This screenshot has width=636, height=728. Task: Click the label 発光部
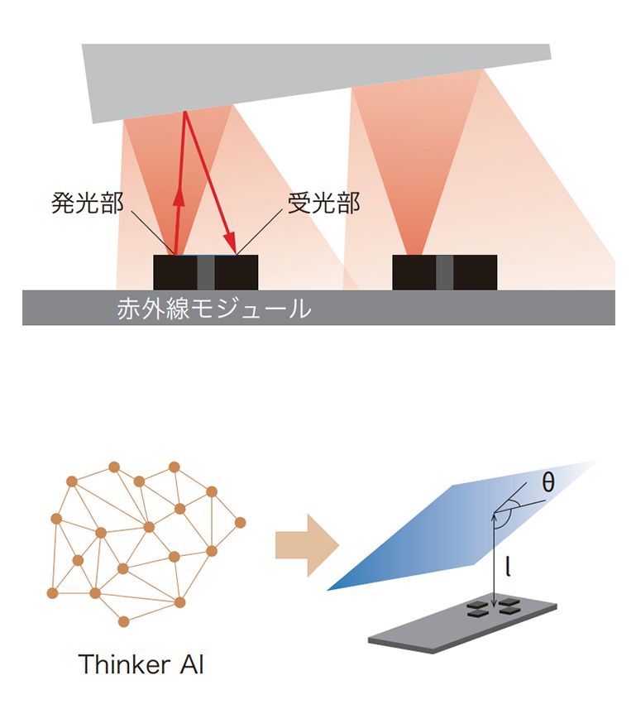(88, 204)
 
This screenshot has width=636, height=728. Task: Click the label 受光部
(324, 204)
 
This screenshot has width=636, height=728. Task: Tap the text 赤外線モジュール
(214, 309)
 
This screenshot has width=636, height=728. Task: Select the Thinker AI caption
(141, 664)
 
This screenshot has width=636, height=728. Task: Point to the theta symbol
(548, 482)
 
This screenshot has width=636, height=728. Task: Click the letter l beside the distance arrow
(509, 567)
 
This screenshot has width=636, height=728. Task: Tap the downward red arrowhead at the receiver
(230, 242)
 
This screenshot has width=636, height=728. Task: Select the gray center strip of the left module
(206, 272)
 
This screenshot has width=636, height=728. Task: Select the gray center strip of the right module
(445, 272)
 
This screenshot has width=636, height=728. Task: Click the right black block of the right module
(476, 272)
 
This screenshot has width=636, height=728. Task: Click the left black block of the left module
(175, 272)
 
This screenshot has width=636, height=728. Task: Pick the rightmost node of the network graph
(240, 523)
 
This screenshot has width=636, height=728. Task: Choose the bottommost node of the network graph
(123, 621)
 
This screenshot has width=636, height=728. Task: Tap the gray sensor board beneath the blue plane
(462, 625)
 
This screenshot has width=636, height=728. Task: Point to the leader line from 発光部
(153, 233)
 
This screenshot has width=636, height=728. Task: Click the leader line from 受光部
(260, 232)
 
